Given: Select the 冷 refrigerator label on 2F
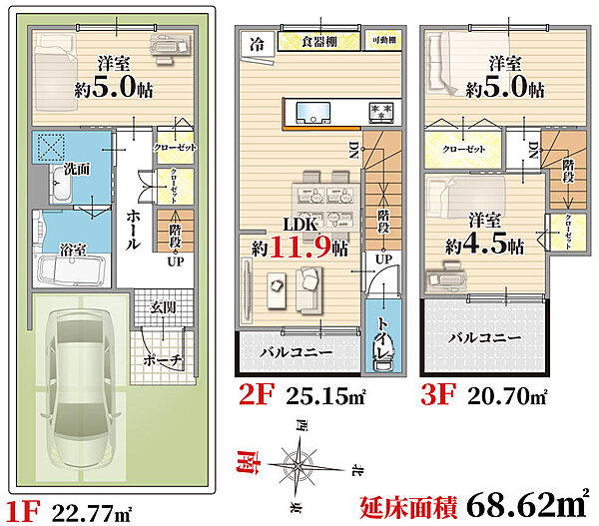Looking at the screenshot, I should click(258, 43).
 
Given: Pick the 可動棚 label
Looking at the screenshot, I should click(384, 41).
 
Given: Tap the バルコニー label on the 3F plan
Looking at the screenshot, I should click(484, 338).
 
